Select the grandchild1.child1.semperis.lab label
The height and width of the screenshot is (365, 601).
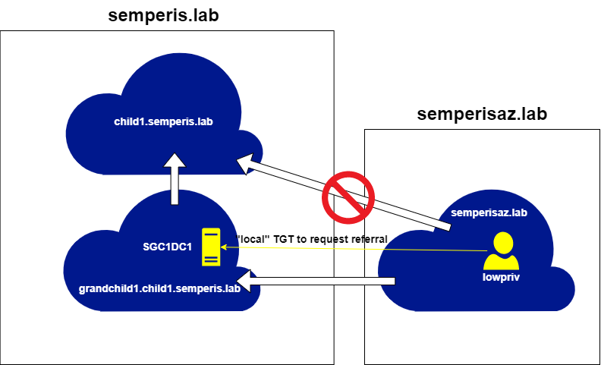click(x=159, y=289)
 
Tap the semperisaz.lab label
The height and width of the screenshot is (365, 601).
click(x=489, y=213)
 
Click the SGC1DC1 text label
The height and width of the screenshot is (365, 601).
click(x=168, y=247)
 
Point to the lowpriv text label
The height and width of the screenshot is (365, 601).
click(x=501, y=277)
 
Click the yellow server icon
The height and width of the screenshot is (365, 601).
click(x=210, y=247)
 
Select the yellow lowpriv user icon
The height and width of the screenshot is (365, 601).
click(x=501, y=252)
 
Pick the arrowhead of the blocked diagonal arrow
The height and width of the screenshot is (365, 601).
click(x=247, y=163)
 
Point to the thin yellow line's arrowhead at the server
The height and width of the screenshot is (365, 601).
click(x=224, y=247)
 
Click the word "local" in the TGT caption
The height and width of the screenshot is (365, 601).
click(x=254, y=239)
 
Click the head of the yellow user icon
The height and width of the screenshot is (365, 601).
click(x=501, y=243)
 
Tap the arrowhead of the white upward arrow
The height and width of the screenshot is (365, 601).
click(x=175, y=162)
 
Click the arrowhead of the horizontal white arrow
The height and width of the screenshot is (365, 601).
click(x=247, y=282)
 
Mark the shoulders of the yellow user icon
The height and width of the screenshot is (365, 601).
click(x=501, y=262)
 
